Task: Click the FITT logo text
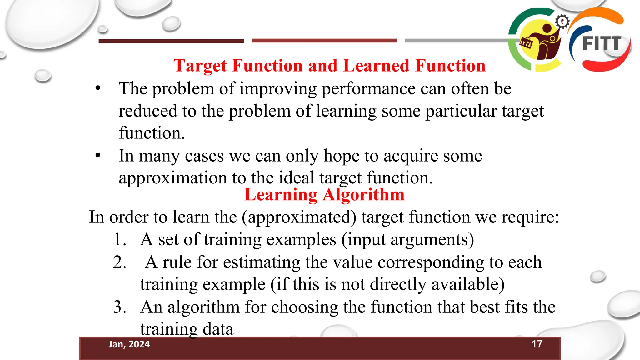pyautogui.click(x=602, y=43)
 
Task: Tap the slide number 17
pyautogui.click(x=537, y=344)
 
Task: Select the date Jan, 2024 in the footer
pyautogui.click(x=129, y=344)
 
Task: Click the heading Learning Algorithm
pyautogui.click(x=324, y=195)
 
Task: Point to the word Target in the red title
pyautogui.click(x=200, y=66)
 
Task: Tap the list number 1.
pyautogui.click(x=119, y=240)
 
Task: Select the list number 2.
pyautogui.click(x=119, y=262)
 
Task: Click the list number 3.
pyautogui.click(x=119, y=307)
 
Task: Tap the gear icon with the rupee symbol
pyautogui.click(x=562, y=22)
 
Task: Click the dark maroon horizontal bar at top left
pyautogui.click(x=171, y=41)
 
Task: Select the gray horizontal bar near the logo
pyautogui.click(x=456, y=41)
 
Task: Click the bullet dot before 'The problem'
pyautogui.click(x=98, y=88)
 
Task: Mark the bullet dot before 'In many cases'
pyautogui.click(x=98, y=155)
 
